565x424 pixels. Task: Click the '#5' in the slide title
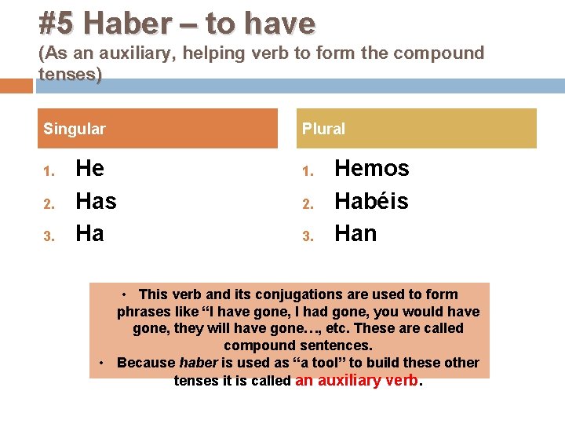57,23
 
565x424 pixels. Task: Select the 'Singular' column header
75,129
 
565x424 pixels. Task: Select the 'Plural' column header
323,129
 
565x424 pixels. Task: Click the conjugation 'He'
89,169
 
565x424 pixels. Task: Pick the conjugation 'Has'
96,202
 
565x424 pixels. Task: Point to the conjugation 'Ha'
89,234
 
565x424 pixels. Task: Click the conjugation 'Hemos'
372,169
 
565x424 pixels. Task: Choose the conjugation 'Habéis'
371,202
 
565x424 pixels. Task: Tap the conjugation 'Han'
355,234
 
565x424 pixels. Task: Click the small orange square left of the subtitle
16,85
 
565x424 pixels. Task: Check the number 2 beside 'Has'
49,203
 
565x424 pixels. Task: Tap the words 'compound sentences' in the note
298,345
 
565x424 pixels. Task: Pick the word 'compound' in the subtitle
438,53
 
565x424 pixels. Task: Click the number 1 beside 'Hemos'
308,170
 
